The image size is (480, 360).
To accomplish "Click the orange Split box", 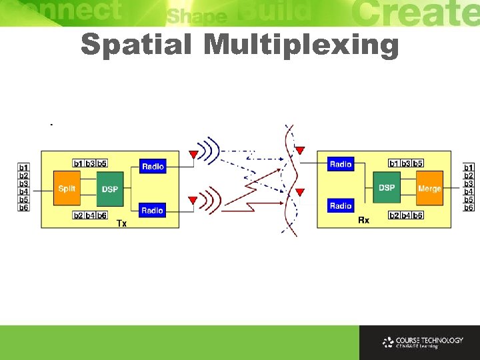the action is pyautogui.click(x=66, y=189).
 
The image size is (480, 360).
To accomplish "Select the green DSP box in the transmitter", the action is pyautogui.click(x=110, y=189).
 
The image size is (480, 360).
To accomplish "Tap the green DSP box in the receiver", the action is pyautogui.click(x=387, y=188).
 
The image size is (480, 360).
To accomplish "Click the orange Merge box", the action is pyautogui.click(x=429, y=189).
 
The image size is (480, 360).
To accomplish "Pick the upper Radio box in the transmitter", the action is pyautogui.click(x=153, y=167).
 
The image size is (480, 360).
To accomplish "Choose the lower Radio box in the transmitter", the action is pyautogui.click(x=153, y=211).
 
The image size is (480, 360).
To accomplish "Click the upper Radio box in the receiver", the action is pyautogui.click(x=341, y=164).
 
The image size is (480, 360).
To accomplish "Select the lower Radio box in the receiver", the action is pyautogui.click(x=341, y=206).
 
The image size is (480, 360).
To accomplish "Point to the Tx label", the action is pyautogui.click(x=121, y=223).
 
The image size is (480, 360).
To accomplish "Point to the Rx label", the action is pyautogui.click(x=363, y=219).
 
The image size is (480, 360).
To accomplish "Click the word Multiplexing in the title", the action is pyautogui.click(x=301, y=46).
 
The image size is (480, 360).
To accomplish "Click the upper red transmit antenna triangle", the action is pyautogui.click(x=193, y=155).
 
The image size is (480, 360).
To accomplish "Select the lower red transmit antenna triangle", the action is pyautogui.click(x=193, y=199).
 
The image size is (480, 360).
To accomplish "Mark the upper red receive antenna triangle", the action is pyautogui.click(x=300, y=150).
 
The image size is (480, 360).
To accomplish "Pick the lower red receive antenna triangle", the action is pyautogui.click(x=300, y=193).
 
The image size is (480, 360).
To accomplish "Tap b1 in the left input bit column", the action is pyautogui.click(x=24, y=167).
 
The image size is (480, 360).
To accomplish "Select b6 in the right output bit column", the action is pyautogui.click(x=469, y=207).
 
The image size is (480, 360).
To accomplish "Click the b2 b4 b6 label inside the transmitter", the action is pyautogui.click(x=90, y=215).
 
